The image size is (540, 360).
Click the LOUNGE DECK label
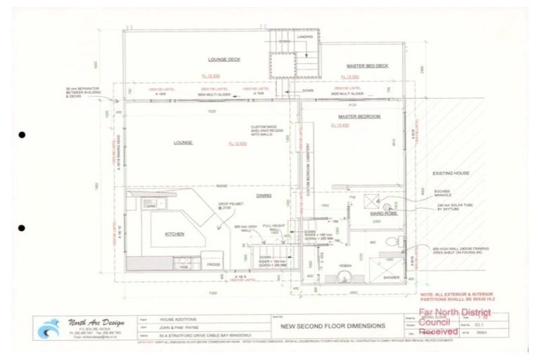[224, 60]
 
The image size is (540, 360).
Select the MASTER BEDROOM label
[359, 115]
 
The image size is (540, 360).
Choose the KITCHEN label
[174, 233]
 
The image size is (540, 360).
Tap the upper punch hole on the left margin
[22, 134]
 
